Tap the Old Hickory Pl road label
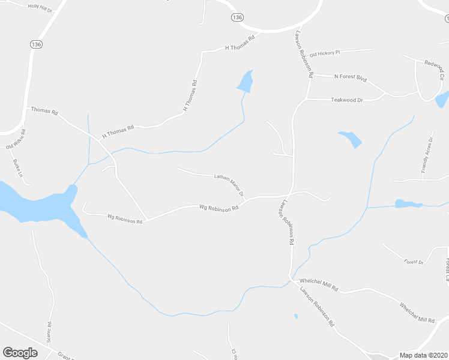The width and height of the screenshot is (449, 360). point(325,53)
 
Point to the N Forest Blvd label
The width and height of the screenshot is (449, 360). point(350,77)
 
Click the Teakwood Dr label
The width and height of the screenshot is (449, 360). point(347,100)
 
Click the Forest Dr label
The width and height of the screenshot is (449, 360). point(414,262)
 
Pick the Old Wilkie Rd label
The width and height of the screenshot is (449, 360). point(16,139)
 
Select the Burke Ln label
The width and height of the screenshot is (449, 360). point(18,169)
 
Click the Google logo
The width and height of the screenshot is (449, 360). point(20,353)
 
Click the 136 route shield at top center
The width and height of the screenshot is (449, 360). point(237,17)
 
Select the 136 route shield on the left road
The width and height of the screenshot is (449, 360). point(36,44)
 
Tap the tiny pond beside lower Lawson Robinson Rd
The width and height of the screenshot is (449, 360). point(296,316)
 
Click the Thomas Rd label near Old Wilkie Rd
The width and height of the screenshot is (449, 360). point(44,111)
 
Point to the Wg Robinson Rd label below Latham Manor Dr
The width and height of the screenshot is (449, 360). point(219,208)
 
